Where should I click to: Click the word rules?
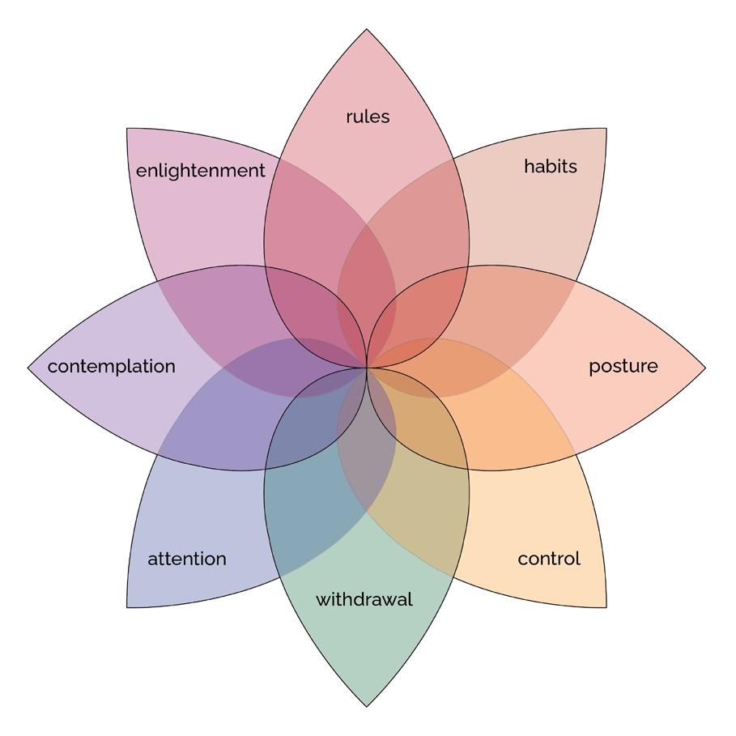click(x=368, y=117)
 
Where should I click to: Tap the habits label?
click(x=551, y=166)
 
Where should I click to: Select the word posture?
click(x=623, y=366)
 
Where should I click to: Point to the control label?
click(x=549, y=559)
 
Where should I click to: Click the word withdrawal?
click(x=364, y=600)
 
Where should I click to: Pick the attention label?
click(x=187, y=559)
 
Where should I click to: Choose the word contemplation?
click(x=112, y=366)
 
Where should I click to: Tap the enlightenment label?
click(x=200, y=171)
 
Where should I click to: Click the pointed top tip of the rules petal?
click(x=367, y=30)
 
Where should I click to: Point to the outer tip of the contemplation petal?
click(x=28, y=368)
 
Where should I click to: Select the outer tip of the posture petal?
click(x=705, y=368)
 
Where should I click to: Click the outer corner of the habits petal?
click(x=606, y=128)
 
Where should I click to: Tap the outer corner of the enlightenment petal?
click(x=127, y=128)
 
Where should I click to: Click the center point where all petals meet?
click(x=367, y=368)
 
